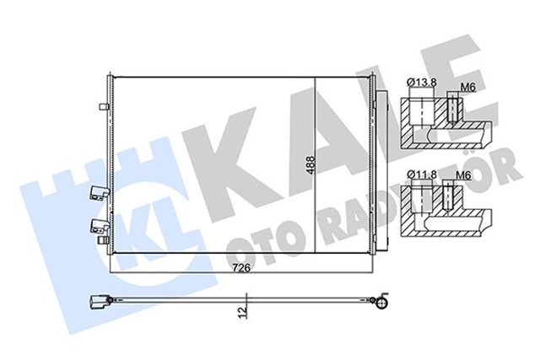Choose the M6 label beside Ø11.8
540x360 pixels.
pyautogui.click(x=462, y=175)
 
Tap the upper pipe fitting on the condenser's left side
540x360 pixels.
pyautogui.click(x=96, y=194)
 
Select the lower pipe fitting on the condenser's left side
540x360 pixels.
pyautogui.click(x=96, y=225)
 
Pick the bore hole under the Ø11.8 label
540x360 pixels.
pyautogui.click(x=421, y=201)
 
